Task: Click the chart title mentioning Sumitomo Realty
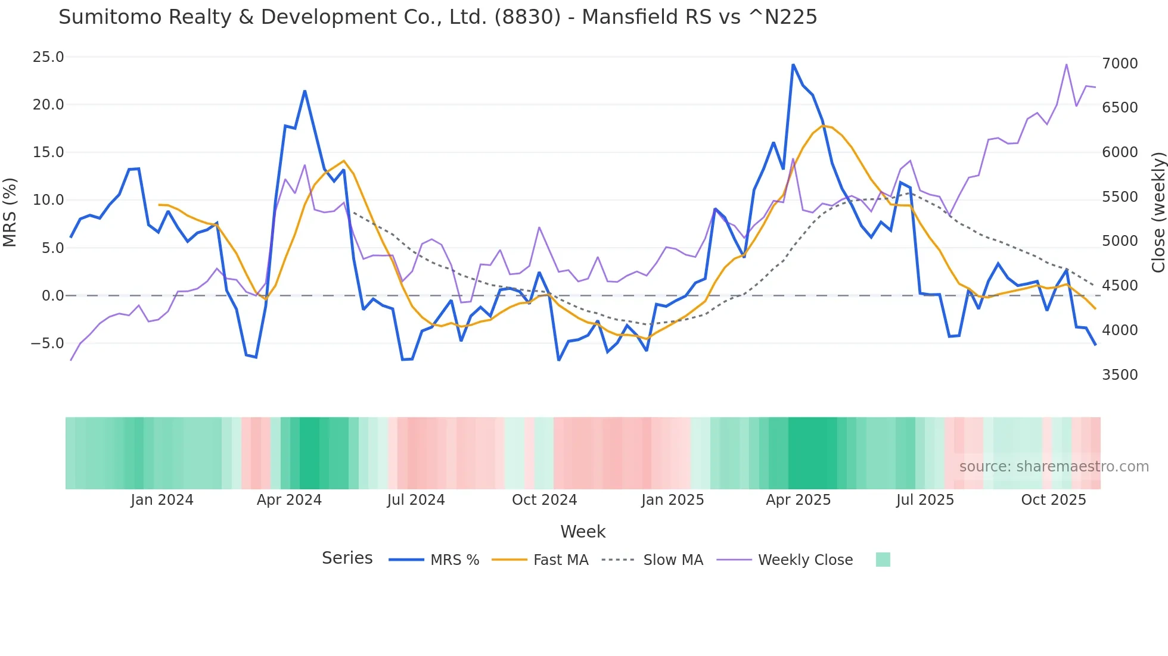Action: click(x=437, y=17)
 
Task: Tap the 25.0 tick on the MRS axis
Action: click(x=48, y=57)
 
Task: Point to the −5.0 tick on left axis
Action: click(x=47, y=343)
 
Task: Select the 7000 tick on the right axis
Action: click(x=1120, y=64)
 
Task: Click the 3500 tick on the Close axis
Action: click(x=1120, y=375)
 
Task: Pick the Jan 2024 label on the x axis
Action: click(x=162, y=500)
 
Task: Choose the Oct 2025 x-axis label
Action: click(x=1053, y=500)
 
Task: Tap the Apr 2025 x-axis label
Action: click(x=798, y=500)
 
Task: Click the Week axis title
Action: click(x=583, y=532)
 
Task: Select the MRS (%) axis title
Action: click(x=10, y=212)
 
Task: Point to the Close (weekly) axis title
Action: click(x=1158, y=212)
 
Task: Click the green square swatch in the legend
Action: click(x=883, y=560)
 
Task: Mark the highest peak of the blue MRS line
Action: click(x=793, y=64)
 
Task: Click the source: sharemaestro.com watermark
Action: click(x=1054, y=467)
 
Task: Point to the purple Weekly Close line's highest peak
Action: click(x=1067, y=64)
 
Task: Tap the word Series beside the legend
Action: click(x=347, y=558)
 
